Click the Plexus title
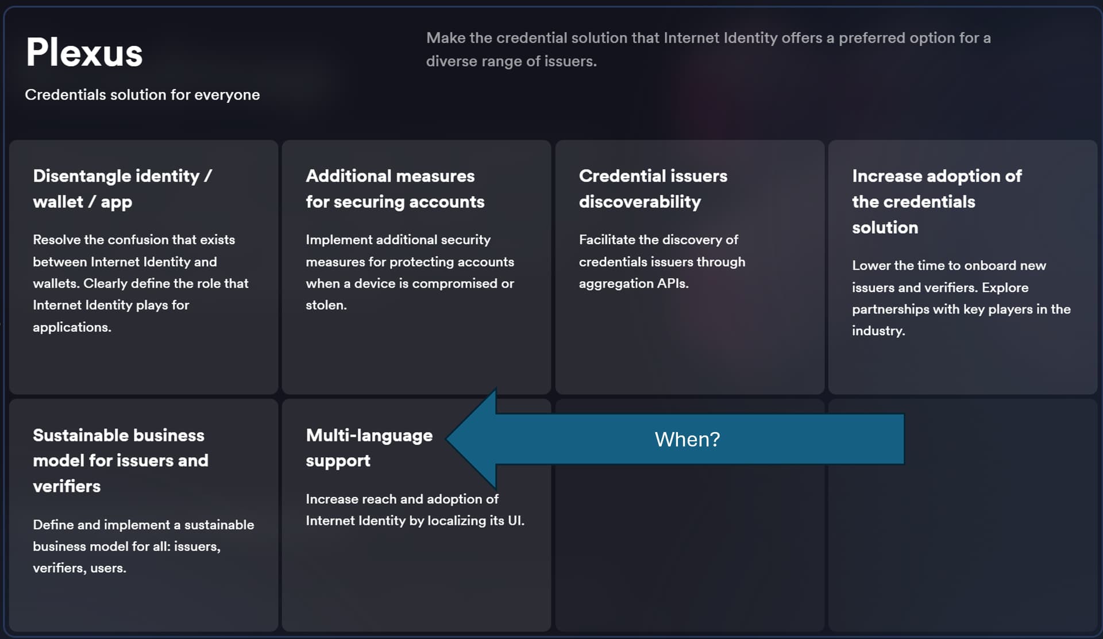[x=84, y=52]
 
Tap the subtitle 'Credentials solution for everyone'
[x=142, y=95]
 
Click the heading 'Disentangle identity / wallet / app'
[x=122, y=188]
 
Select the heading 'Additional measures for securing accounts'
[x=395, y=188]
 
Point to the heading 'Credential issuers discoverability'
[x=653, y=188]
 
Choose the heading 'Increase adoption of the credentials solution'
[x=937, y=201]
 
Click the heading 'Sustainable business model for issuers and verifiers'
[x=121, y=460]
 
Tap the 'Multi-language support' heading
[x=369, y=448]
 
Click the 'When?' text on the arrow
[x=687, y=440]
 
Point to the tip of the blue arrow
[x=447, y=439]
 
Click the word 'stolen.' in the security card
[x=326, y=305]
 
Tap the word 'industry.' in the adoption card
[x=878, y=331]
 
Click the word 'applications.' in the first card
[x=72, y=327]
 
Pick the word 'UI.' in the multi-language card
[x=516, y=521]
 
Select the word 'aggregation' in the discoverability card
[x=613, y=284]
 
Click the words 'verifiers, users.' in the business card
[x=79, y=568]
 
